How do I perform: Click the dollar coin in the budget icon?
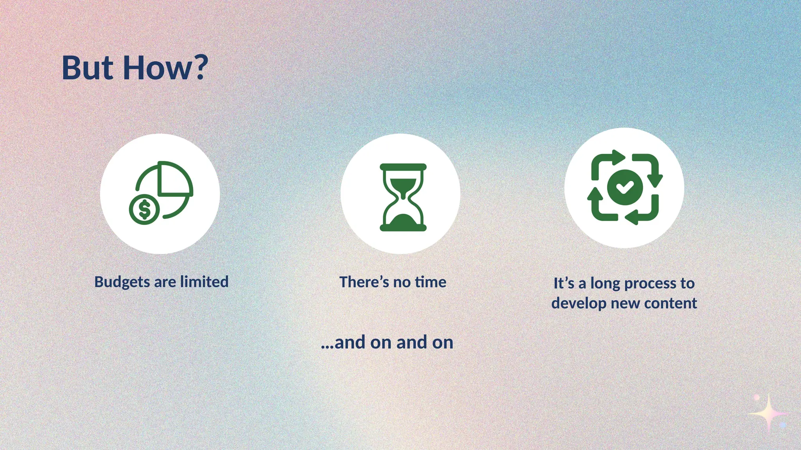pyautogui.click(x=144, y=209)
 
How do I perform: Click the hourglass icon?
pyautogui.click(x=403, y=197)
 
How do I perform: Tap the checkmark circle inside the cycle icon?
pyautogui.click(x=625, y=187)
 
